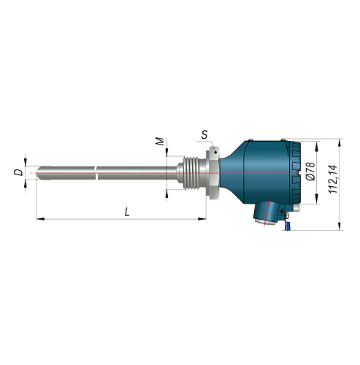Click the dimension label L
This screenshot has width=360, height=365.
(x=127, y=212)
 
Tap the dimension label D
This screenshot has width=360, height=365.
(x=18, y=172)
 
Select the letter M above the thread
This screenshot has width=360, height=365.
(x=160, y=142)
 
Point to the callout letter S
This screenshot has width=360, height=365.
(x=204, y=134)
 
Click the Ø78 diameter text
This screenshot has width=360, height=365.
(x=311, y=172)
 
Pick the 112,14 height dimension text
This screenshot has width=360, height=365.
(x=333, y=180)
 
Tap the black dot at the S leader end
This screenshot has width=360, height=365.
(x=215, y=153)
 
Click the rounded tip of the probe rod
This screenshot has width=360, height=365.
(x=38, y=173)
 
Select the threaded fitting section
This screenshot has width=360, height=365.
(x=191, y=173)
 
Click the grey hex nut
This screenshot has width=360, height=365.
(x=212, y=172)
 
